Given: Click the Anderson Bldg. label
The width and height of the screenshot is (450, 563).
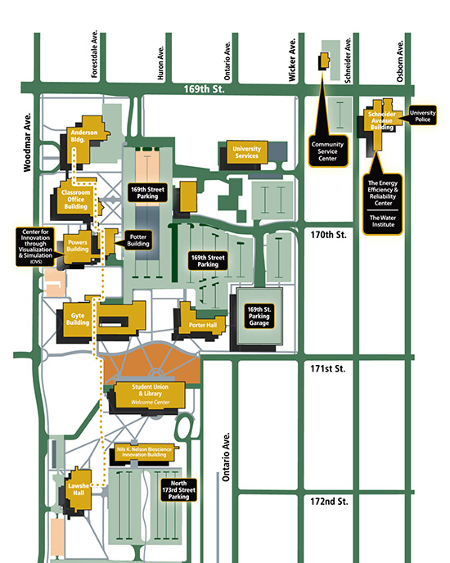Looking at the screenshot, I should pos(84,134).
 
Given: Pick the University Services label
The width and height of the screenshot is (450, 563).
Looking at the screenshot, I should pos(247,151).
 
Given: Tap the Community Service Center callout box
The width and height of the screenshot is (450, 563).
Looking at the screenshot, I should pos(328,152).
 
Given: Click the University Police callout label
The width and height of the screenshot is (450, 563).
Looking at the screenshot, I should pos(423,115).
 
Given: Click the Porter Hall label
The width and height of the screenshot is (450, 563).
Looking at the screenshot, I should pos(205,324).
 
